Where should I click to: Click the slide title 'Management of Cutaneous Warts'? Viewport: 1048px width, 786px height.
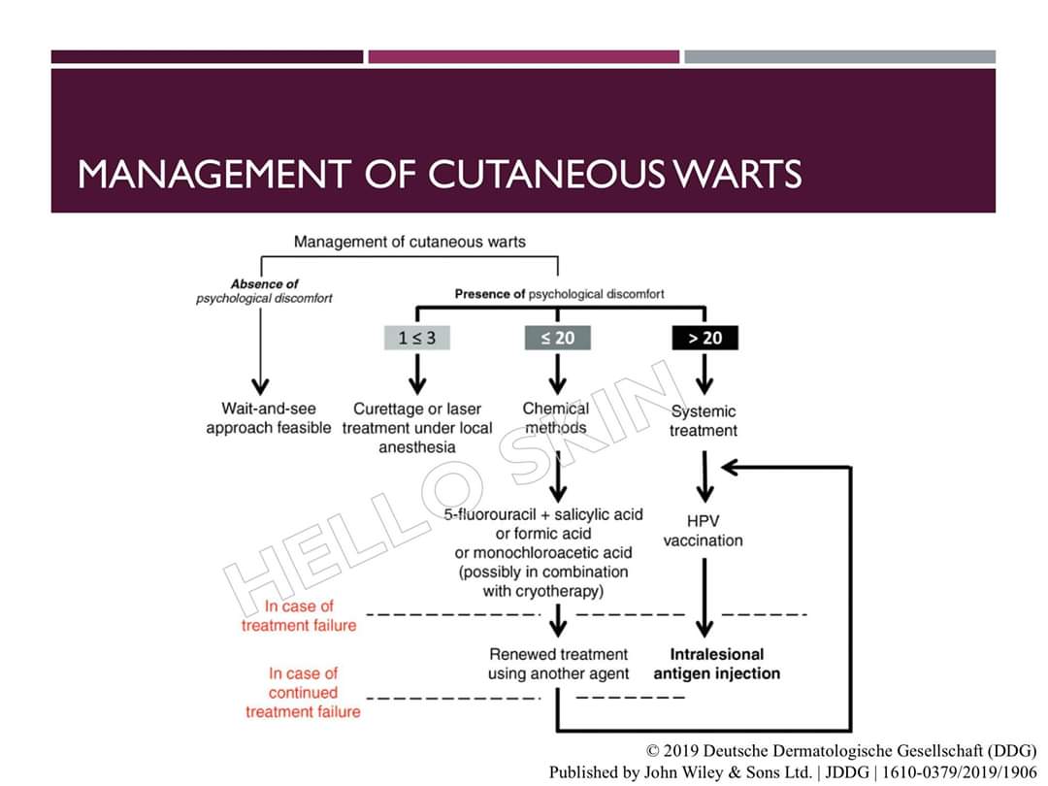(439, 174)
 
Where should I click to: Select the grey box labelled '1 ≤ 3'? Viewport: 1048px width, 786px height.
(417, 338)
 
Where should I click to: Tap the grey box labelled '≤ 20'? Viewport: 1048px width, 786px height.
(557, 338)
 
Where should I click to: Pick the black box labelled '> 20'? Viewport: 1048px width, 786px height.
(704, 338)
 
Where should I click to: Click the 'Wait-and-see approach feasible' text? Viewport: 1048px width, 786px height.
(268, 418)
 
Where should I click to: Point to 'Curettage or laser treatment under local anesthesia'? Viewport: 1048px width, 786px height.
(417, 428)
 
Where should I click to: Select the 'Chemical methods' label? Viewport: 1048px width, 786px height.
(556, 417)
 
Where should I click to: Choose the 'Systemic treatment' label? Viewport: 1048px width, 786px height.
(704, 420)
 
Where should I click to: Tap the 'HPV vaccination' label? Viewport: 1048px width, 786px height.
(703, 531)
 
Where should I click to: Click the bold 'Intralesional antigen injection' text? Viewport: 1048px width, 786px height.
(716, 664)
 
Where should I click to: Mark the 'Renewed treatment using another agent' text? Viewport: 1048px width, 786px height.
(559, 664)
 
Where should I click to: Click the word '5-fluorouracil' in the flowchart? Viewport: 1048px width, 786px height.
(489, 514)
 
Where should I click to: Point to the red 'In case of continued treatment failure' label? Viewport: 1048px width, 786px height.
(303, 692)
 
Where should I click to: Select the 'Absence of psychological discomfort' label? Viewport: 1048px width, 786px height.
(264, 291)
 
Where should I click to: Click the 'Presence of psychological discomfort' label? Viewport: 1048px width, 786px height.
(559, 293)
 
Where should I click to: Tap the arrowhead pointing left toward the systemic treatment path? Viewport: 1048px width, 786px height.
(733, 469)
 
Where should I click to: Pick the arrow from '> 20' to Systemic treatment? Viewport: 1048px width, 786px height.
(705, 373)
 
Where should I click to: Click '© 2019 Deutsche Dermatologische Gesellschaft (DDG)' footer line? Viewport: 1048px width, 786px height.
(841, 751)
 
